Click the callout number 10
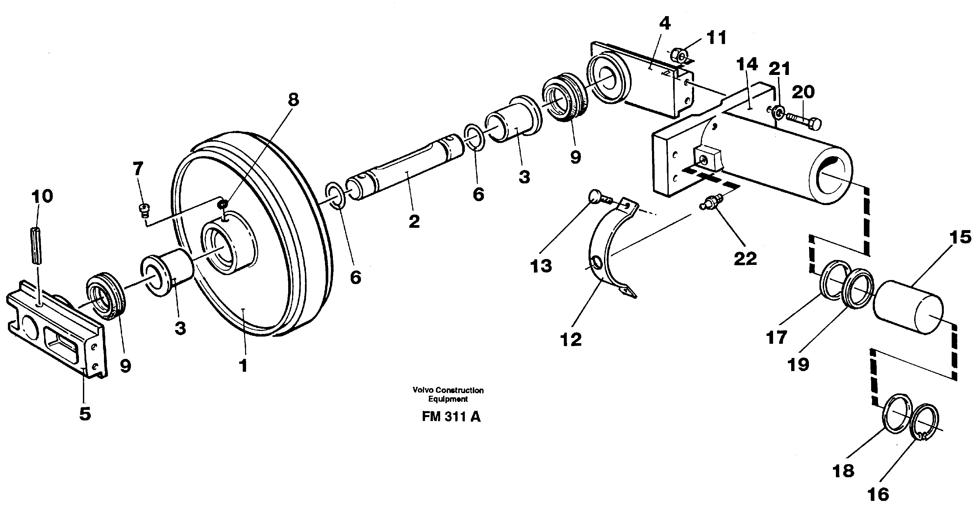pyautogui.click(x=42, y=197)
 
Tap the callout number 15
pyautogui.click(x=960, y=237)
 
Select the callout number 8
pyautogui.click(x=293, y=100)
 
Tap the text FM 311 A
pyautogui.click(x=451, y=417)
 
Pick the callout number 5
pyautogui.click(x=85, y=413)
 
